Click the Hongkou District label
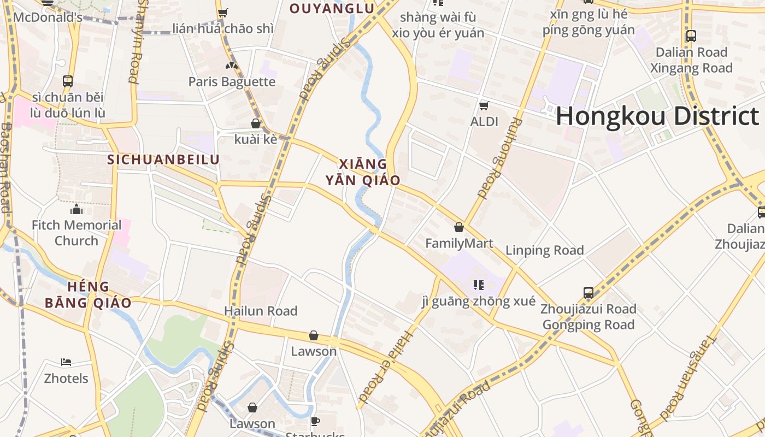[657, 116]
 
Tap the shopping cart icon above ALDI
[484, 105]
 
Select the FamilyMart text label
[459, 243]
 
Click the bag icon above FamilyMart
[459, 227]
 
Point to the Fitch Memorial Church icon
[76, 209]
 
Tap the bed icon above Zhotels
[66, 362]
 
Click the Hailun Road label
[261, 311]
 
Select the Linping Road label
[544, 250]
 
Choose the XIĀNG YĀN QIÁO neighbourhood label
[363, 172]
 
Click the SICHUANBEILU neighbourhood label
[163, 160]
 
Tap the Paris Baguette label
[232, 82]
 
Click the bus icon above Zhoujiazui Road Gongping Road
[588, 292]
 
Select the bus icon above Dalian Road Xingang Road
[691, 36]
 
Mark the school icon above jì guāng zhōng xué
[479, 285]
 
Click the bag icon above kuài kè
[255, 123]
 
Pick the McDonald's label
[48, 17]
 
